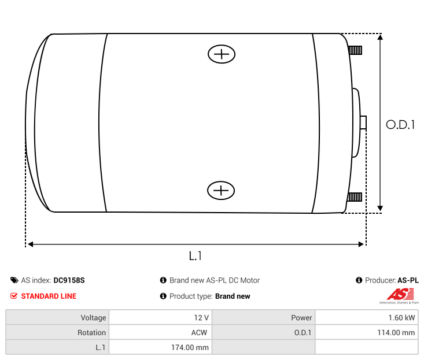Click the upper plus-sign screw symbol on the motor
coord(222,54)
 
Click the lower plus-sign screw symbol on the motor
coord(221,190)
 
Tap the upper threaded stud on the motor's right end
coord(355,50)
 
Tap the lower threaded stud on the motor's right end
coord(355,198)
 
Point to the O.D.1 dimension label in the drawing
coord(400,124)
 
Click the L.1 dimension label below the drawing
coord(196,255)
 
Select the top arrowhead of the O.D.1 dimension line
coord(380,38)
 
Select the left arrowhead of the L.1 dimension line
coord(31,244)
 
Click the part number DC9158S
coord(69,280)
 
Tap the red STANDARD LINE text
coord(49,296)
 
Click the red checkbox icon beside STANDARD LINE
coord(14,296)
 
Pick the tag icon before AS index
coord(14,280)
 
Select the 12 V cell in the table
coord(160,318)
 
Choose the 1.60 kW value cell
coord(366,318)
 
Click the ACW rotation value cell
coord(160,333)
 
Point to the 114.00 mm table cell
coord(366,333)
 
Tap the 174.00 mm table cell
coord(160,347)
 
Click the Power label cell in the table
coord(263,318)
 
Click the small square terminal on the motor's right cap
coord(363,123)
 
